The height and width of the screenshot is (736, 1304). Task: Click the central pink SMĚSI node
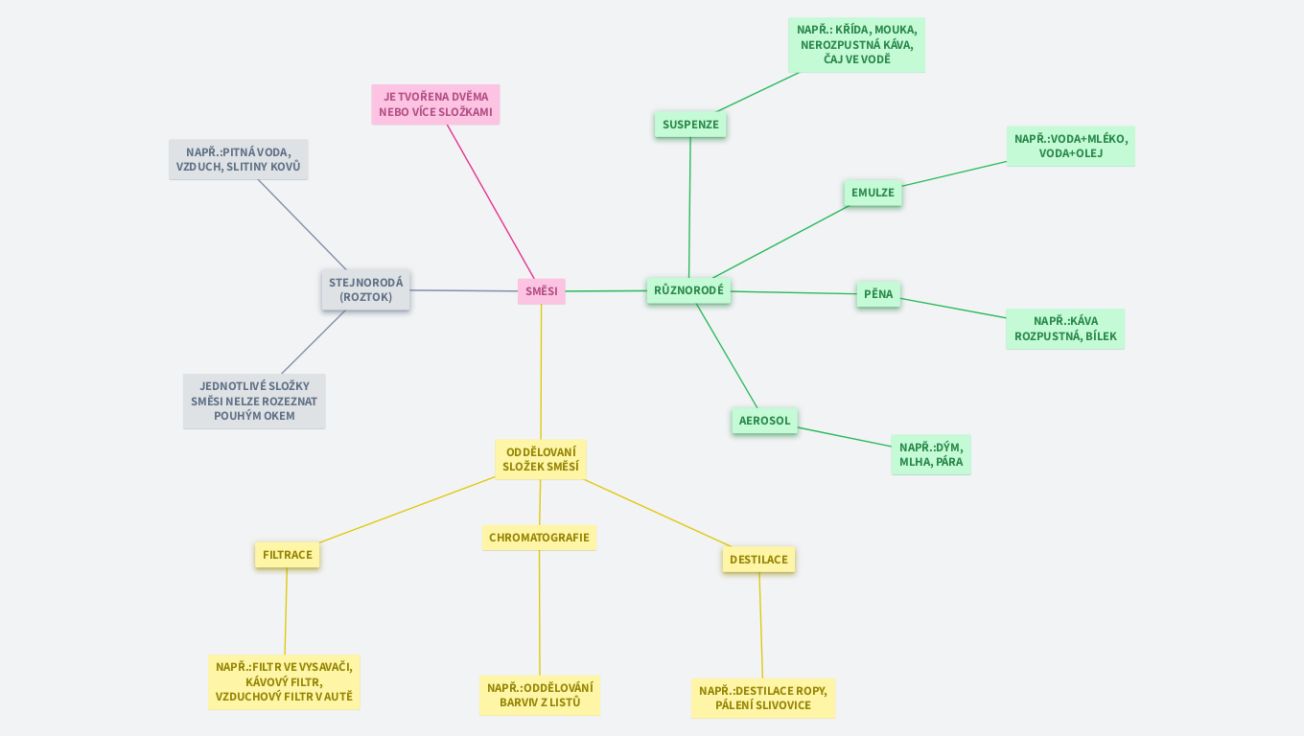(541, 291)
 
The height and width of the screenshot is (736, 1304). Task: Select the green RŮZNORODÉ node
(688, 290)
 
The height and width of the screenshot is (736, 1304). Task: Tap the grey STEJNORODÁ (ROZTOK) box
(365, 290)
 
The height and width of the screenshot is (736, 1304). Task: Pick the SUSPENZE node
(690, 125)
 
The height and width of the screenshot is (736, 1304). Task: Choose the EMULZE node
(873, 193)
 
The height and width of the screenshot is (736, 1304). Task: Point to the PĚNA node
(877, 294)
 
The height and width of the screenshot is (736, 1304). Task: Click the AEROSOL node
(764, 421)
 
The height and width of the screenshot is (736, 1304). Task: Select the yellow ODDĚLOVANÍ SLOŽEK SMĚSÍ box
(541, 460)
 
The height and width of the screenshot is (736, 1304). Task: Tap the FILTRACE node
(287, 555)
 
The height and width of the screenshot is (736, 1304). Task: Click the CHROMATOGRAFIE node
(539, 538)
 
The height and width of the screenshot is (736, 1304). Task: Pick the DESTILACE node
(758, 560)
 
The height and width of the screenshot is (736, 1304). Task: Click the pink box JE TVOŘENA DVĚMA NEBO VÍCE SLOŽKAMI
(435, 104)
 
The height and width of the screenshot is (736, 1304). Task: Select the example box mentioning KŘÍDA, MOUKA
(856, 45)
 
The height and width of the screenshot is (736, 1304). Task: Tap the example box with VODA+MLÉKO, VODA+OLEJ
(1070, 146)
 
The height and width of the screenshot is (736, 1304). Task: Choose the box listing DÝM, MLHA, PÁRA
(930, 454)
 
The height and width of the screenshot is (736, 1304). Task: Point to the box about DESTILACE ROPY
(762, 698)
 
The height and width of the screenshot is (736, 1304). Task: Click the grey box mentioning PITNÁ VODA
(238, 159)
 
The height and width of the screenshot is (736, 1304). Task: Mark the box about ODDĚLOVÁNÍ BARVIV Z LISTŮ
(539, 695)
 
